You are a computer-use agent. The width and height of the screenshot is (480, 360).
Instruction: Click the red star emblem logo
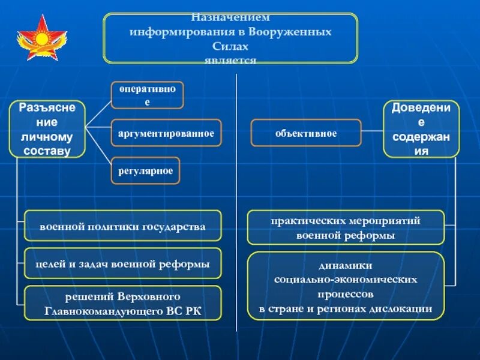point(42,38)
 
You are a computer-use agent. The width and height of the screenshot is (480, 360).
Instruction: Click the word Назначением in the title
point(230,19)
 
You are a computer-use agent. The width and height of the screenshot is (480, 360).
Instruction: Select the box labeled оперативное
point(147,95)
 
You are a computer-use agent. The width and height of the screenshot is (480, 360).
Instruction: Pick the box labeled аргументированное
point(166,133)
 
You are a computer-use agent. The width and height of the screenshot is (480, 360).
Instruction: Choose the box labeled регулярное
point(145,171)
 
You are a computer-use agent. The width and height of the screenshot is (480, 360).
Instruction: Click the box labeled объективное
point(305,133)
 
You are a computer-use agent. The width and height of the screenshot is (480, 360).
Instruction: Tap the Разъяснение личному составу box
point(47,129)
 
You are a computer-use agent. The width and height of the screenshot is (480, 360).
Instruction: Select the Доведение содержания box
point(421,129)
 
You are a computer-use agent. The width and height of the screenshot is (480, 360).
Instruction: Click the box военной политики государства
point(122,226)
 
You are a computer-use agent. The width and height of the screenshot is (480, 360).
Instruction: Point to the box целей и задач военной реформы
point(122,264)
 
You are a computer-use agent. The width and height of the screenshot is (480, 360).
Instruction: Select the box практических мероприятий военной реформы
point(346,227)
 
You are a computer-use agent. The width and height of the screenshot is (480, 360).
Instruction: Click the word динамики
point(346,265)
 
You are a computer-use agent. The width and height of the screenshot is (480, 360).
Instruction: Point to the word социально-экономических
point(346,280)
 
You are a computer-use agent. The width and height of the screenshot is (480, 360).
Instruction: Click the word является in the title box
point(230,60)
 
